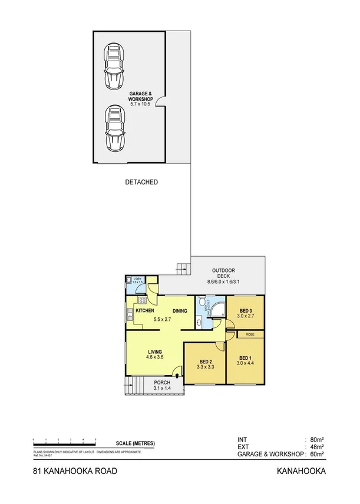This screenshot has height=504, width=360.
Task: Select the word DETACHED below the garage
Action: [x=141, y=183]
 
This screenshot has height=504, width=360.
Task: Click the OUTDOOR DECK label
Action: [x=224, y=274]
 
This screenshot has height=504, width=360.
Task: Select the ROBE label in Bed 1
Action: [x=250, y=334]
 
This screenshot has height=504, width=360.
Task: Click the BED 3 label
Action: [x=246, y=310]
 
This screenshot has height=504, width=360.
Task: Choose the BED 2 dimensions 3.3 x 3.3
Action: [x=204, y=366]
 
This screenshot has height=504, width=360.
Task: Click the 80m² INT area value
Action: [x=318, y=439]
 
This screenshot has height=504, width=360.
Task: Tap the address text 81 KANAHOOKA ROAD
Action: [x=75, y=472]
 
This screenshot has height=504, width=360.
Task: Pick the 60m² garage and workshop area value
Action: [x=318, y=454]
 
